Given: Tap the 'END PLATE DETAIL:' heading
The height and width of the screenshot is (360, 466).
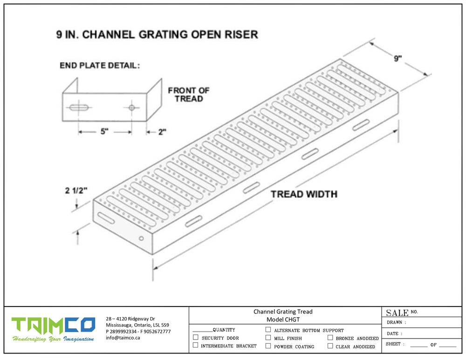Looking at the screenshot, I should [x=99, y=66].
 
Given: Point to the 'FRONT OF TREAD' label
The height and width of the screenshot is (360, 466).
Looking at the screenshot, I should [x=189, y=95].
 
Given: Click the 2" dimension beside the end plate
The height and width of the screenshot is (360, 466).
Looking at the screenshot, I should [x=162, y=132].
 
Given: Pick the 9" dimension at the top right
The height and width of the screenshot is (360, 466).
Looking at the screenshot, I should [x=397, y=59].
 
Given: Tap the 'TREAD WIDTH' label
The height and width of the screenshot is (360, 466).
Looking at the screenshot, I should [x=304, y=194].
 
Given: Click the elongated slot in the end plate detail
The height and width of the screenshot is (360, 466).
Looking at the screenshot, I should [x=80, y=108].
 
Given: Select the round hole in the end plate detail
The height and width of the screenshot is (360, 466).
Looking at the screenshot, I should [x=132, y=108].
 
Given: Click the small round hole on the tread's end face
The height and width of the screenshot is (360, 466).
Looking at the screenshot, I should [x=142, y=238].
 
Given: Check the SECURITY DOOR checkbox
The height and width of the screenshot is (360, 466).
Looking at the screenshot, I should [x=196, y=338].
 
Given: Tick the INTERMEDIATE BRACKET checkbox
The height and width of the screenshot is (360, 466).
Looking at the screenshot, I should [x=196, y=346].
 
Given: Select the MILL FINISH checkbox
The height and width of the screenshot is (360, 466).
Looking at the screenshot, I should [x=268, y=338].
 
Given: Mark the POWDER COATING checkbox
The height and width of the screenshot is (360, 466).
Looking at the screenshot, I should [x=268, y=346].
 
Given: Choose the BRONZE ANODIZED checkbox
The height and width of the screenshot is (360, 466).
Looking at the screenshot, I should [x=330, y=338].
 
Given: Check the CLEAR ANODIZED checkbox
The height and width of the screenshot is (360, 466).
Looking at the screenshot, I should [x=330, y=346].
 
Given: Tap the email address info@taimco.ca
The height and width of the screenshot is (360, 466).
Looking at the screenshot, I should [x=123, y=338].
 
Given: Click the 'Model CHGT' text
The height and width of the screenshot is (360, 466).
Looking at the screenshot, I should [x=283, y=319].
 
